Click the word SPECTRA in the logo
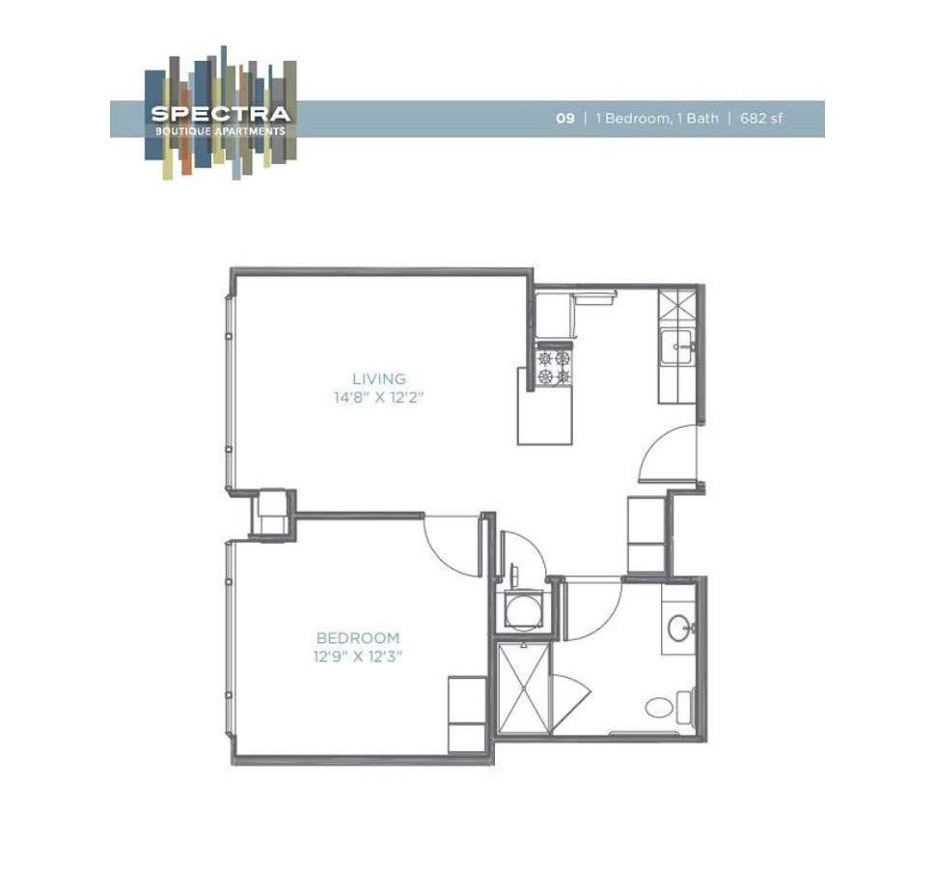tap(220, 114)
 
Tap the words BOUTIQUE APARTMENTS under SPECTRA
tap(220, 131)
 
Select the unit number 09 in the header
tap(564, 119)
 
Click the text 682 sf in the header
tap(761, 119)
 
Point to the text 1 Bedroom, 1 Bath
tap(657, 119)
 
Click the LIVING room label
tap(378, 379)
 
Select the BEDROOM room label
tap(358, 638)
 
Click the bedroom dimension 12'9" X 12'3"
tap(358, 656)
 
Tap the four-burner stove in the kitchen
tap(554, 368)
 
